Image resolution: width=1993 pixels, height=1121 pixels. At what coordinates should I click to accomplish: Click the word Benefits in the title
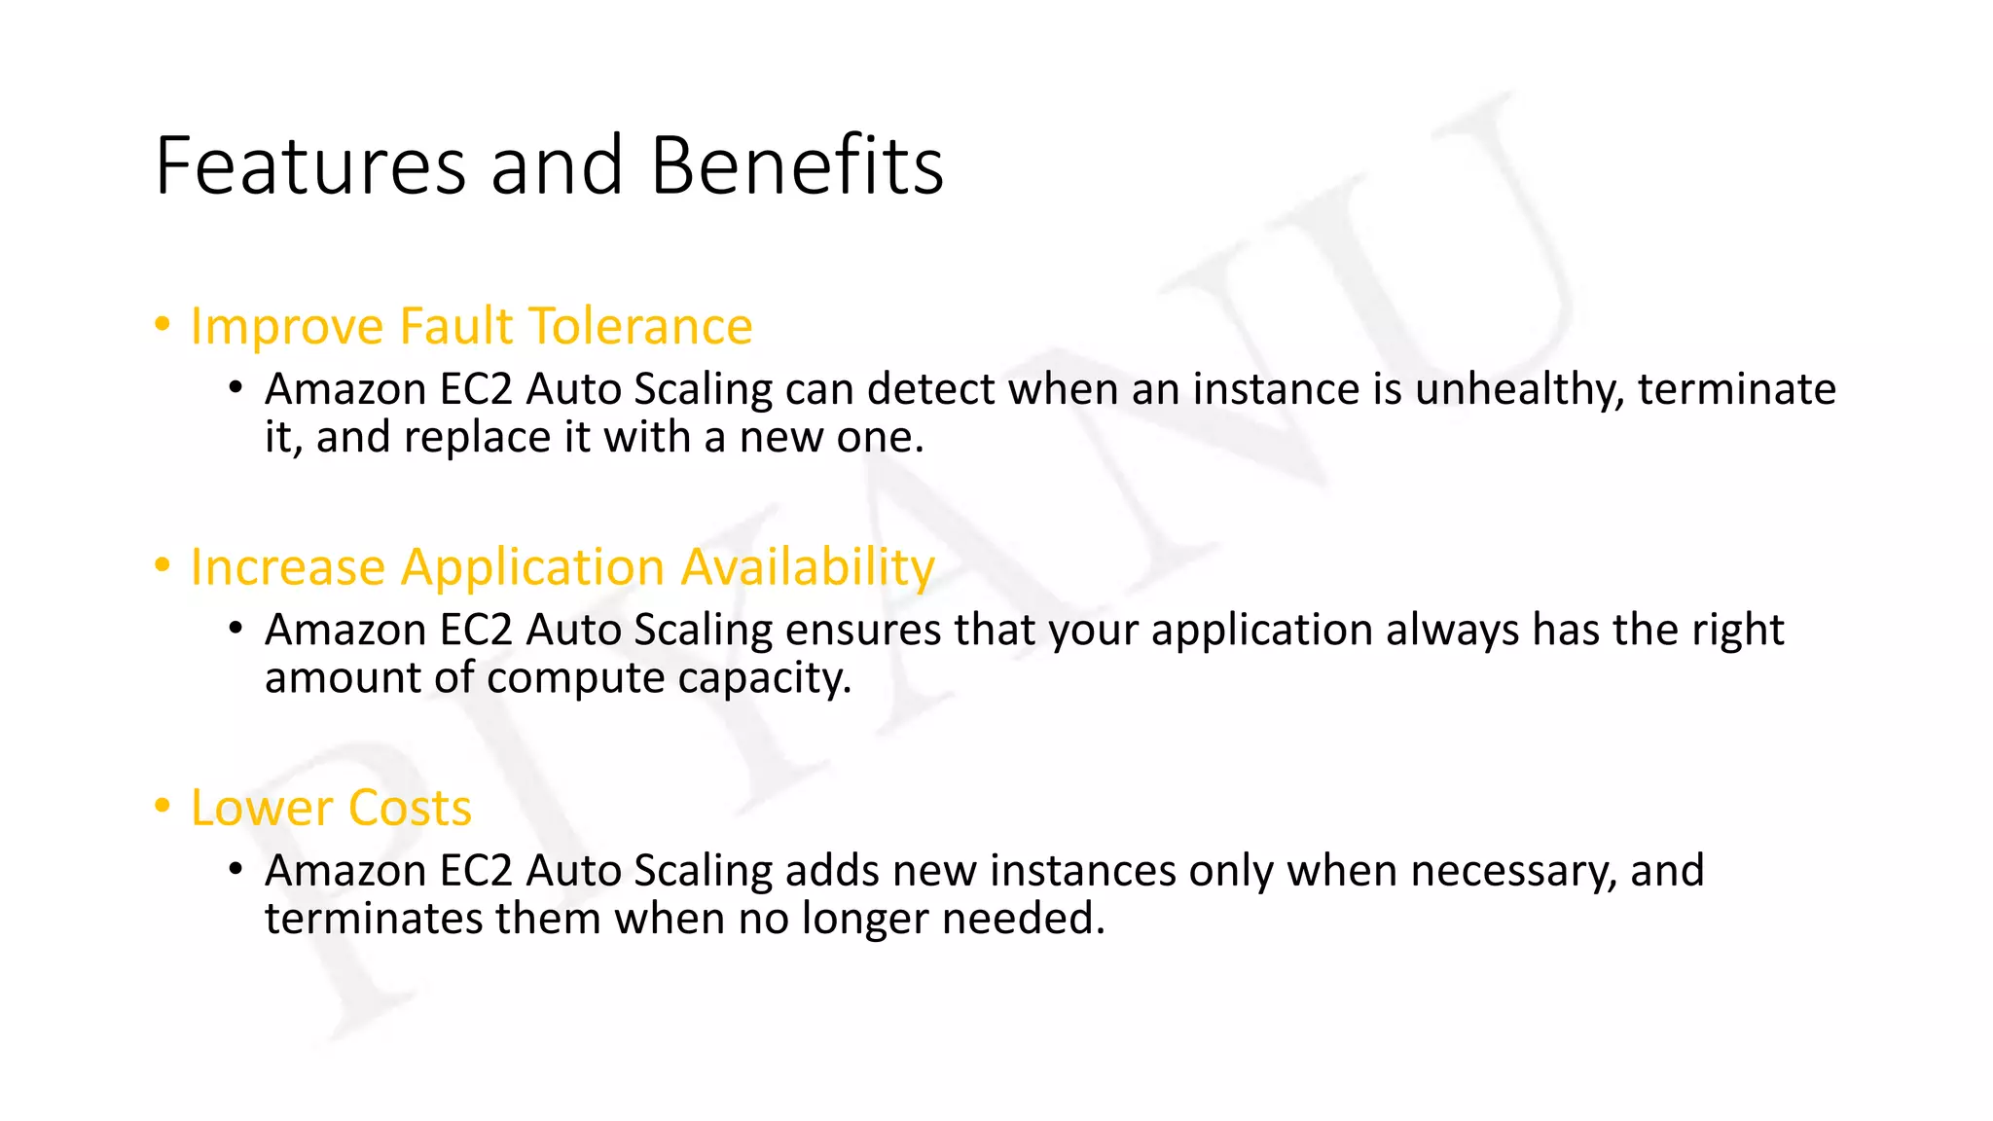[x=797, y=165]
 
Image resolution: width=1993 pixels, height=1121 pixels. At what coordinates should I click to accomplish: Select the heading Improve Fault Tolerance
[x=471, y=326]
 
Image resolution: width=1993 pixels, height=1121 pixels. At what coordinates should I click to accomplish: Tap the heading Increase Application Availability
[x=562, y=566]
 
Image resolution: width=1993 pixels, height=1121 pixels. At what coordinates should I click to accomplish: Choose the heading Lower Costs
[x=331, y=808]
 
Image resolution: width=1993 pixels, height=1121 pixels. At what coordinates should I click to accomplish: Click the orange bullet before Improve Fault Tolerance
[x=163, y=323]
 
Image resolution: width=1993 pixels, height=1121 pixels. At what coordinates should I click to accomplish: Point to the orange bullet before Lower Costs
[x=163, y=805]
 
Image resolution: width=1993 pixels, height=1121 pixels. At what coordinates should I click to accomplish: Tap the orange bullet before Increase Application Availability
[x=163, y=563]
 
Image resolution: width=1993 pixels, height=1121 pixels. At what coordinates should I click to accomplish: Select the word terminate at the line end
[x=1736, y=389]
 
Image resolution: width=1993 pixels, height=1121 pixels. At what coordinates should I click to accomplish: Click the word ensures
[x=862, y=630]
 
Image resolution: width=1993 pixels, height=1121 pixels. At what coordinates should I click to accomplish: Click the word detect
[x=931, y=389]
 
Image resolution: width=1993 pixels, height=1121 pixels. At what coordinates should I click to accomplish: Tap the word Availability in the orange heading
[x=807, y=566]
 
